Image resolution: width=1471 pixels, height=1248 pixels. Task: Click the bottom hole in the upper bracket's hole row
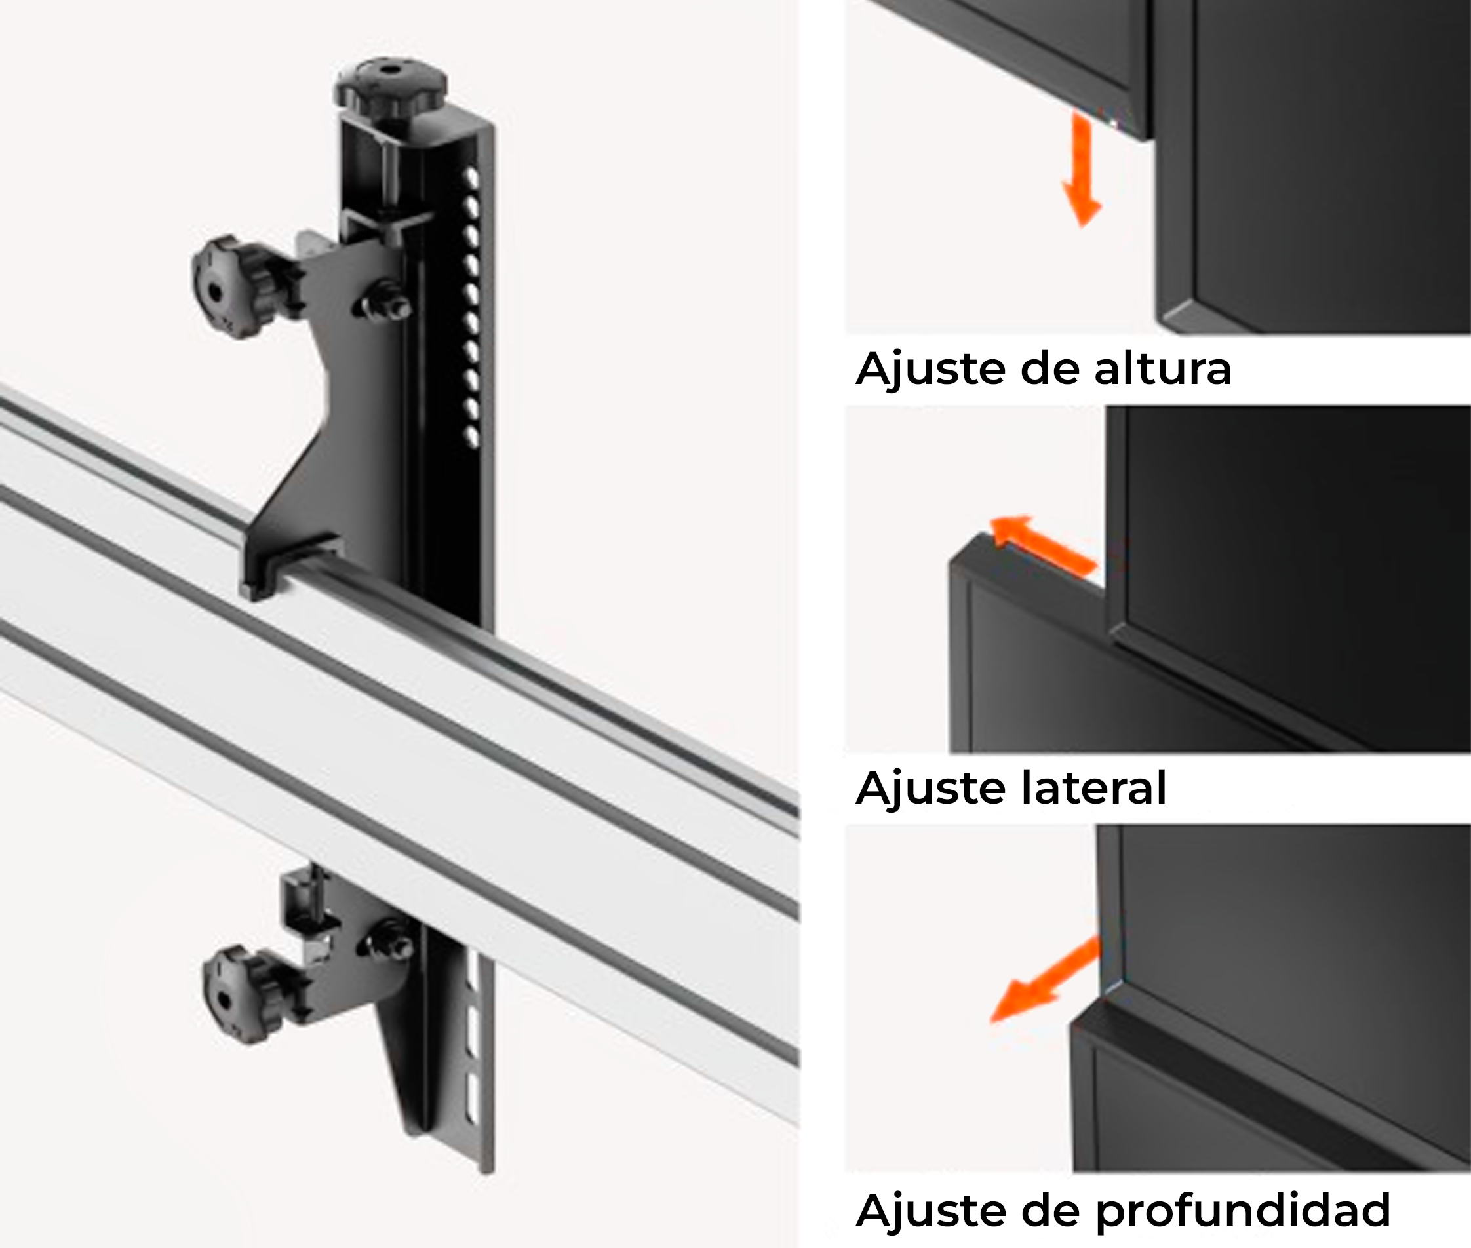[x=471, y=438]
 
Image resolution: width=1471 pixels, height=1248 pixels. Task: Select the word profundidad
[x=1242, y=1210]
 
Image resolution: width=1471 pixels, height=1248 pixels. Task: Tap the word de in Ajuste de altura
[x=1046, y=369]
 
